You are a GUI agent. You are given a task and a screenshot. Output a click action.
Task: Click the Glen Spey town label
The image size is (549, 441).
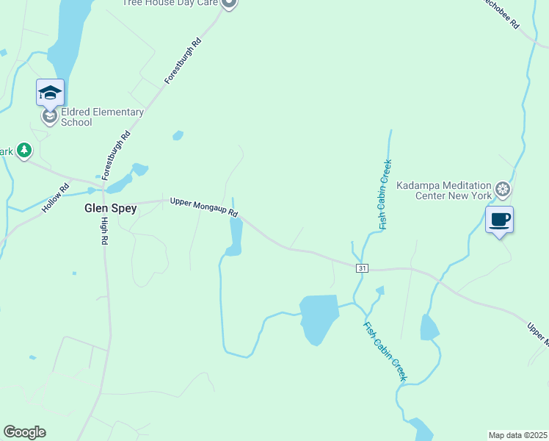click(x=110, y=208)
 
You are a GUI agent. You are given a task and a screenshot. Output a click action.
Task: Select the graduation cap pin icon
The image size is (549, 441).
click(x=50, y=93)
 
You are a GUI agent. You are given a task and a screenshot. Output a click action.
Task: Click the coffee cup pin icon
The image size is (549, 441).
click(x=499, y=220)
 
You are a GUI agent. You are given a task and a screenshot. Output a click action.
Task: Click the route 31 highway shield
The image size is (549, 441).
click(x=362, y=268)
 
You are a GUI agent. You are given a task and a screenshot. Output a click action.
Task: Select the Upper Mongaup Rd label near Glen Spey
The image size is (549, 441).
click(x=205, y=207)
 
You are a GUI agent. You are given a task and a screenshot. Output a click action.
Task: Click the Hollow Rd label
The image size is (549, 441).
click(x=55, y=198)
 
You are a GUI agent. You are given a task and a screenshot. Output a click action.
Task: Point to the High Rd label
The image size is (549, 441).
click(x=105, y=231)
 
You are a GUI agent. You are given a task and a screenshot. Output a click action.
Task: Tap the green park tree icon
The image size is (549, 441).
click(x=25, y=151)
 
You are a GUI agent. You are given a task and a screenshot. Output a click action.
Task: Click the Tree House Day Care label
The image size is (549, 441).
click(x=170, y=3)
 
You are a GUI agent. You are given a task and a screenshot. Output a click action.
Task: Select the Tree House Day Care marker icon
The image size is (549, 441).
click(x=229, y=4)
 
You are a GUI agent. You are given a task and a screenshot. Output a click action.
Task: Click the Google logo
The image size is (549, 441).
click(x=24, y=432)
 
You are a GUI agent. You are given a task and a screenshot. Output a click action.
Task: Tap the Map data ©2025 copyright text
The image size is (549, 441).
click(x=517, y=435)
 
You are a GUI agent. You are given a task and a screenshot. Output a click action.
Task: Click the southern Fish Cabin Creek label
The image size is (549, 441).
click(x=385, y=351)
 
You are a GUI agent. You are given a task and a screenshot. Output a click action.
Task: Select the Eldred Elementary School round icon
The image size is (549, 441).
click(x=50, y=117)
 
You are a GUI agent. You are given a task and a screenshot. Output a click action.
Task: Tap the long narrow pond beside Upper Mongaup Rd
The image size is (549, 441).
click(x=236, y=235)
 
